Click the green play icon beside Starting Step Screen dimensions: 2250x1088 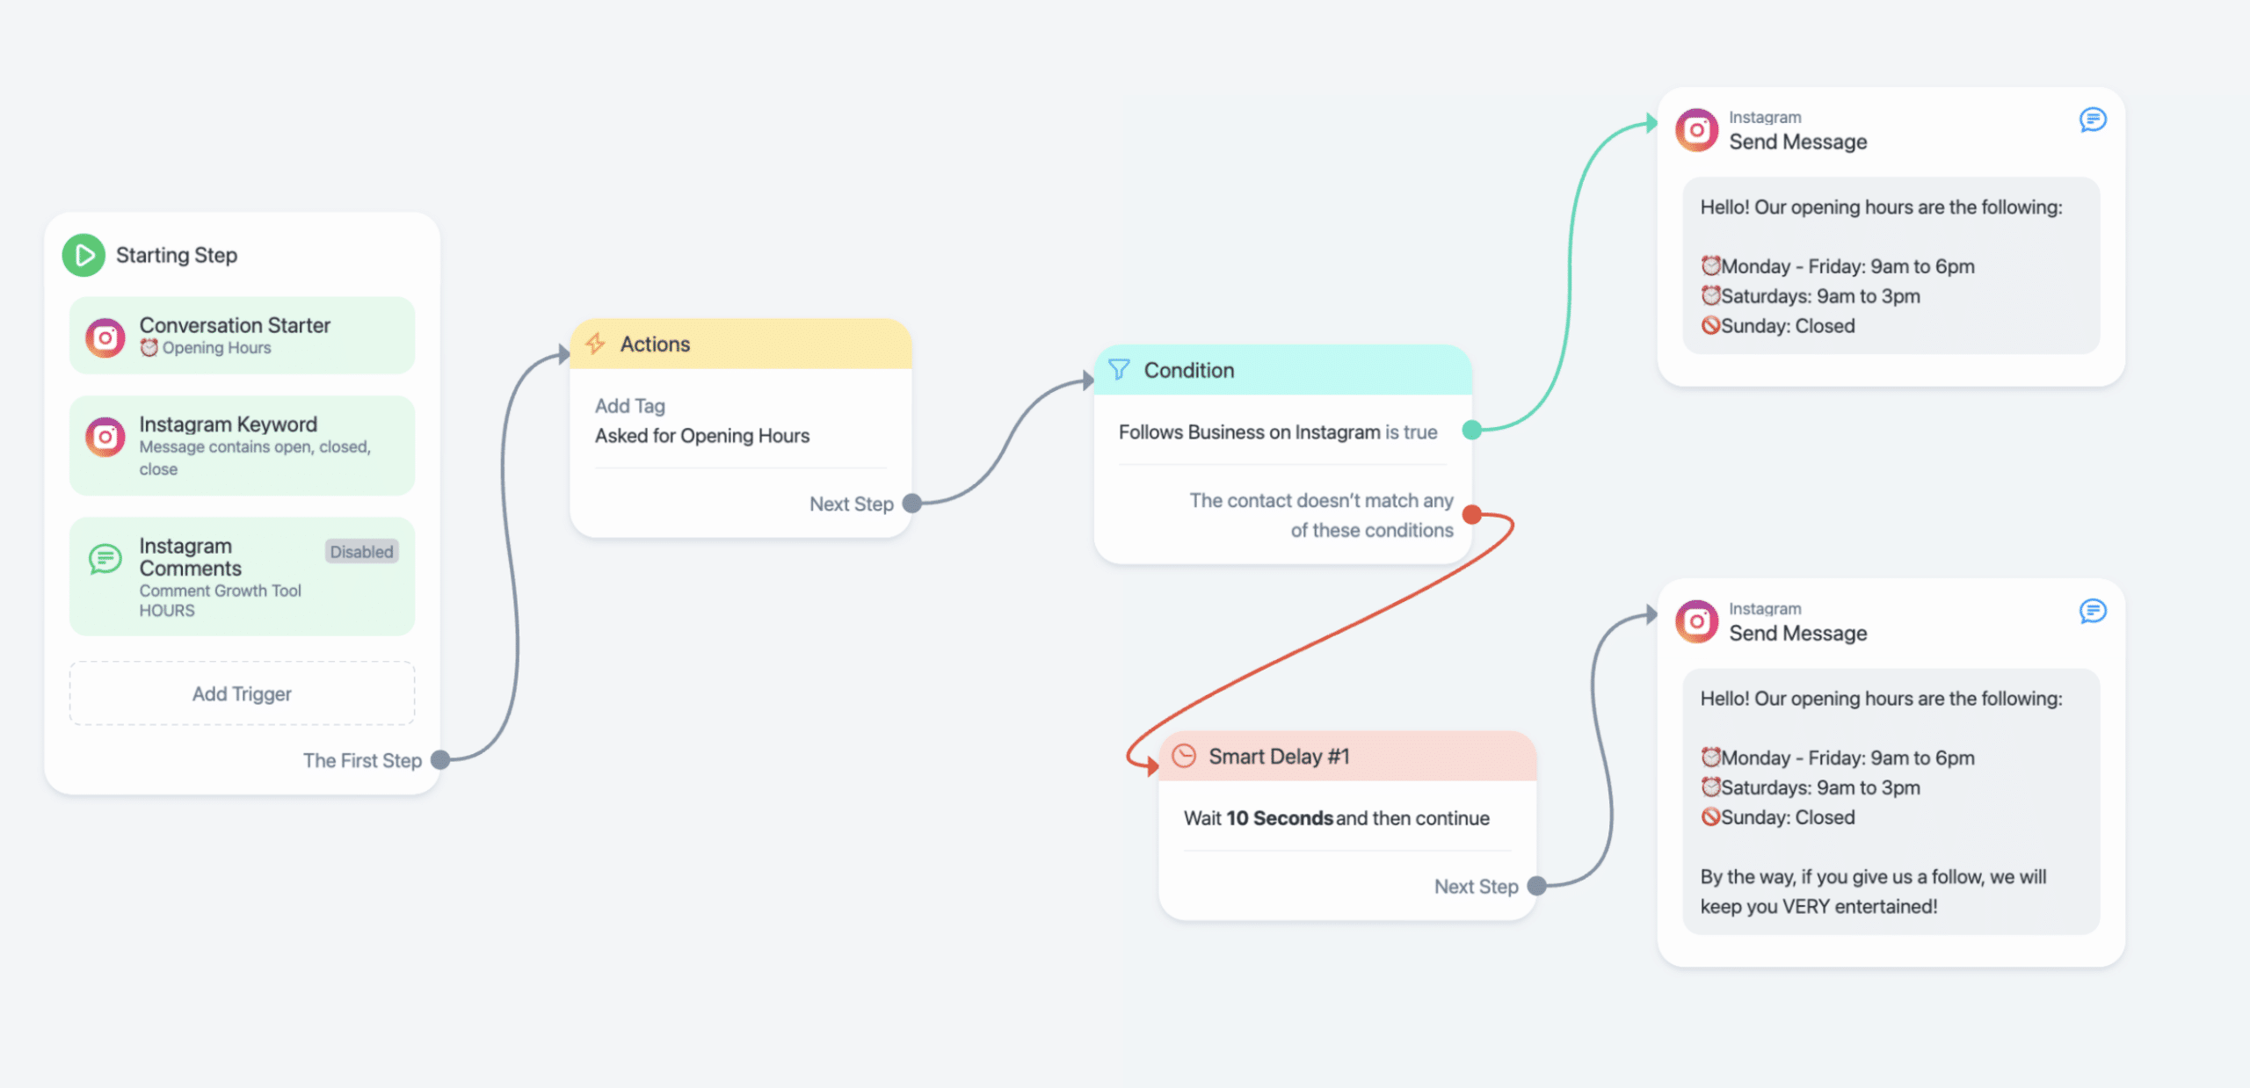pos(83,255)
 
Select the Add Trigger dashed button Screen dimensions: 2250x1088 pos(242,693)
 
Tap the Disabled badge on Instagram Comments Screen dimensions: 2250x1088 pos(361,551)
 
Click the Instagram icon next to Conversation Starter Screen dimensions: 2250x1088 pos(105,337)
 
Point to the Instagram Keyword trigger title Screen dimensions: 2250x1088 pos(228,424)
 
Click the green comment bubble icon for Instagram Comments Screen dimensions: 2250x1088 pos(105,558)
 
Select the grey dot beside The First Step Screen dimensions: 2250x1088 pos(440,760)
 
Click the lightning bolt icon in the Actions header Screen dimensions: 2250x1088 pos(596,344)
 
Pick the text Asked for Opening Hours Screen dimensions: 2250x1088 pos(702,435)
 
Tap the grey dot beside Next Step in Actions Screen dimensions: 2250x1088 pos(912,503)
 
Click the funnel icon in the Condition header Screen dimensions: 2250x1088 pos(1119,369)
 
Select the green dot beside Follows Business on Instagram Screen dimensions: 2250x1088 pos(1472,430)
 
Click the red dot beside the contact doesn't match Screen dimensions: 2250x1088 pos(1472,514)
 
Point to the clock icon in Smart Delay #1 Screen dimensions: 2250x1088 pos(1184,756)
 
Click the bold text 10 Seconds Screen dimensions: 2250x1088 pos(1280,818)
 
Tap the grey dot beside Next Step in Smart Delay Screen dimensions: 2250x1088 pos(1537,886)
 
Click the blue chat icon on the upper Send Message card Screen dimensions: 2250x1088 pos(2093,120)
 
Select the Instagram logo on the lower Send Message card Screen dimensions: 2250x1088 pos(1696,622)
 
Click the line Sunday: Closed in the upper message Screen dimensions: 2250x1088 pos(1778,326)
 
